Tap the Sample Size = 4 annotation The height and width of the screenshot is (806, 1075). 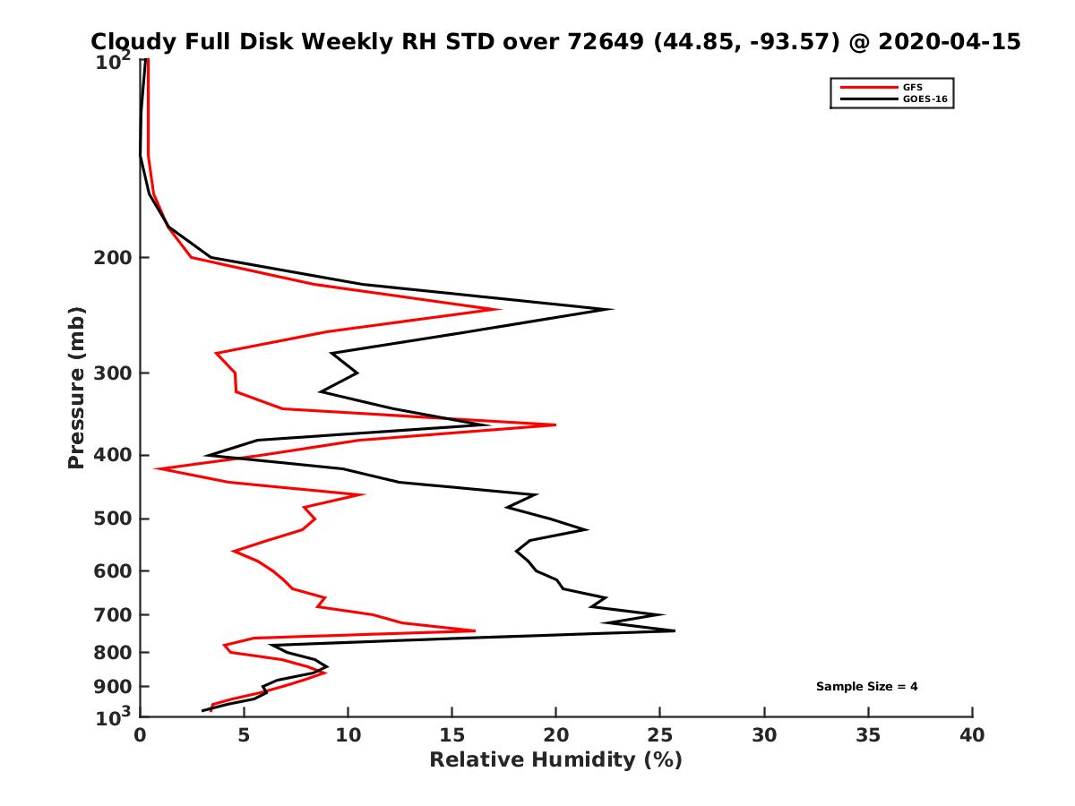866,687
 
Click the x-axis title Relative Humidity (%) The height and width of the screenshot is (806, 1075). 555,760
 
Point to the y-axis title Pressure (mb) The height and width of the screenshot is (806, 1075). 76,388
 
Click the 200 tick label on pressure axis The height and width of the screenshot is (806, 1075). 109,258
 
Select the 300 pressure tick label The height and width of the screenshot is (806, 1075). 109,373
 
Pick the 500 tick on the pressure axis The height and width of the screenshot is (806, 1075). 109,519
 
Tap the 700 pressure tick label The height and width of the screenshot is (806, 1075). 109,614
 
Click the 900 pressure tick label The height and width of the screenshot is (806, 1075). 109,687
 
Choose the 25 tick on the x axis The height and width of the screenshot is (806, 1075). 660,736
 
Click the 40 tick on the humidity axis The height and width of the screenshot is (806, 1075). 972,736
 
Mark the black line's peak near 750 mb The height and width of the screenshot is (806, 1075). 674,630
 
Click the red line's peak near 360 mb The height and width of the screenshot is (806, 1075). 555,424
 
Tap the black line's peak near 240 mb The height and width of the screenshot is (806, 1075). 612,310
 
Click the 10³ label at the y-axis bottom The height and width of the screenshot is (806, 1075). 115,716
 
